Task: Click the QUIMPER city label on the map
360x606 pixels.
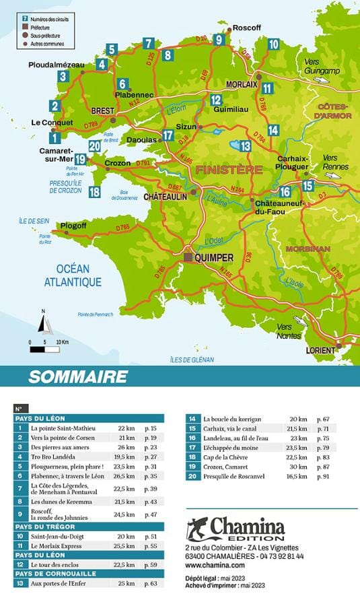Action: [x=215, y=257]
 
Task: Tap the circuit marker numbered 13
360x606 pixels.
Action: [x=245, y=145]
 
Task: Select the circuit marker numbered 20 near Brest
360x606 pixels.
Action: [x=94, y=146]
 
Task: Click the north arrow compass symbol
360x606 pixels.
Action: [x=45, y=324]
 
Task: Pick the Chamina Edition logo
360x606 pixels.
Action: [x=236, y=529]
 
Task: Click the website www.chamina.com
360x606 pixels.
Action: [x=213, y=566]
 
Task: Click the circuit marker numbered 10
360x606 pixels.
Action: [x=273, y=44]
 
